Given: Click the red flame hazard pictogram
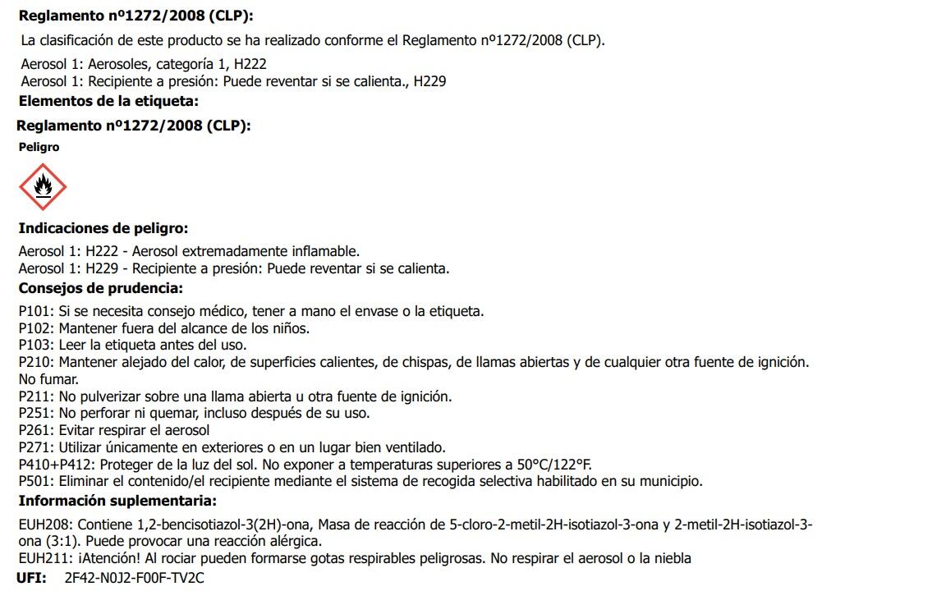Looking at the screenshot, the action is [x=43, y=187].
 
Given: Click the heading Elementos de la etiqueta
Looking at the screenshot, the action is [x=108, y=102].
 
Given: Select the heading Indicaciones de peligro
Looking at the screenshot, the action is [x=103, y=228].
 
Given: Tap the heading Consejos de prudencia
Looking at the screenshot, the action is [x=100, y=288].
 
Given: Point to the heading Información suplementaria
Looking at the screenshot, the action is [x=117, y=501].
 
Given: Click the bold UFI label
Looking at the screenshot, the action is [x=31, y=578].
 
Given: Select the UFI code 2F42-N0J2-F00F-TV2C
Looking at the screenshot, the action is [x=134, y=578].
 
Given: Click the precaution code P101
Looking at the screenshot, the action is [x=35, y=311].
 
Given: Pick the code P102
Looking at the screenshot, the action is [x=35, y=328].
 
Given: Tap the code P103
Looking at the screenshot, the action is [x=35, y=345].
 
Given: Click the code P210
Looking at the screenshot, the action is [x=35, y=362].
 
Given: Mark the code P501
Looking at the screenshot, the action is [x=35, y=481].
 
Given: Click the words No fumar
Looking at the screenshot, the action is [x=48, y=379].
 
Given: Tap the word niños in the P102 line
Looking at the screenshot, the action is [x=291, y=328].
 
